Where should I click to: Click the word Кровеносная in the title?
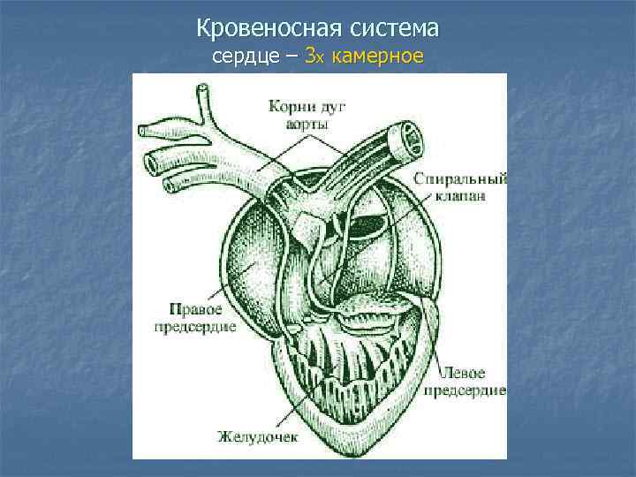point(256,29)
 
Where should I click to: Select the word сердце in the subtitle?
point(243,57)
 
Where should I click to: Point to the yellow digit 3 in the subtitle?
point(309,57)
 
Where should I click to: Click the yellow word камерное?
point(377,57)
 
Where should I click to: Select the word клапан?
point(459,197)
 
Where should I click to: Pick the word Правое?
point(193,311)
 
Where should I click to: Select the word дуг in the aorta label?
point(334,107)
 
